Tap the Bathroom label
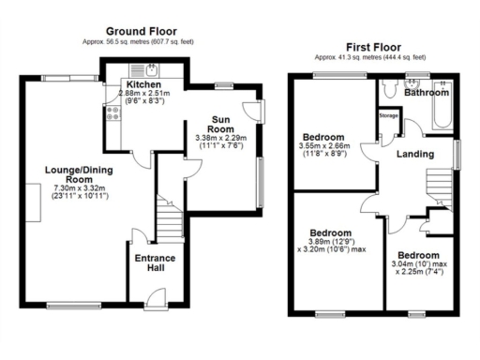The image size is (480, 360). tap(427, 93)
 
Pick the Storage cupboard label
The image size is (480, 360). tap(389, 115)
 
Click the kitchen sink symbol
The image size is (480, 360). tap(149, 70)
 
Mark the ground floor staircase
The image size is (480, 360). tap(170, 221)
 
